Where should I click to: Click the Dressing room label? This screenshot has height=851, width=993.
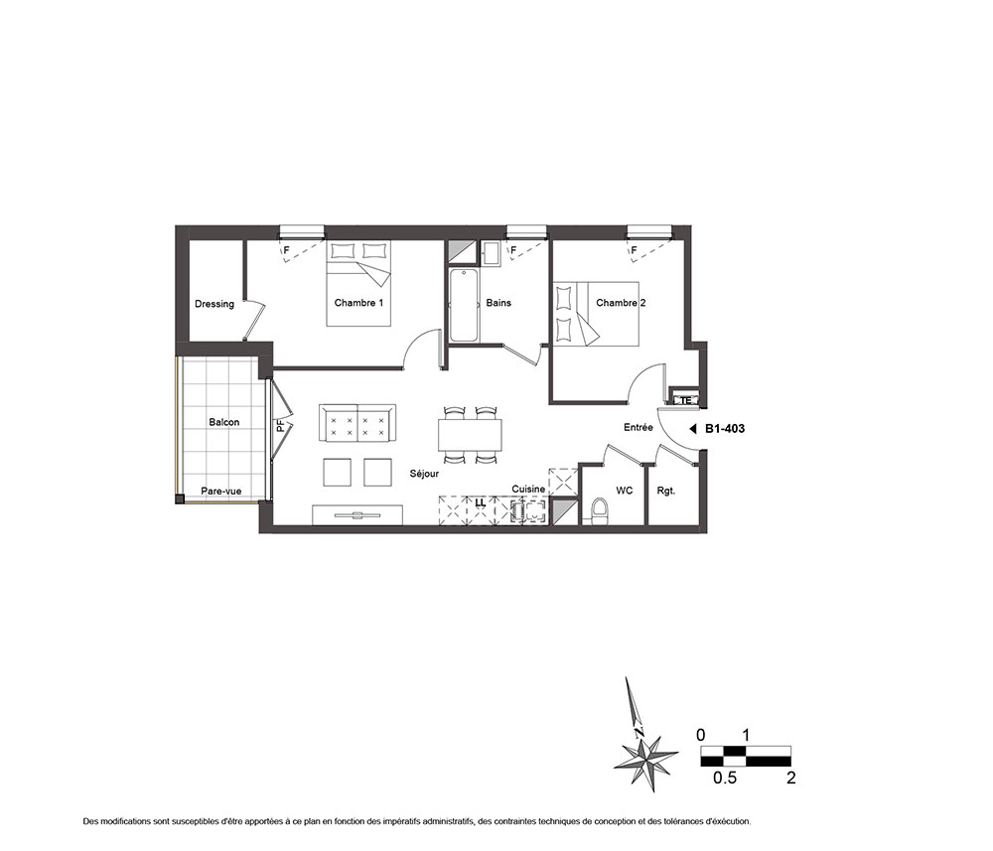point(214,304)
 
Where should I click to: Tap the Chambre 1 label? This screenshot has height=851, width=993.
point(358,303)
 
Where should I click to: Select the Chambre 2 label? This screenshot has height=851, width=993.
point(621,303)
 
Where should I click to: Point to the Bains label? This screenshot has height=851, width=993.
point(498,303)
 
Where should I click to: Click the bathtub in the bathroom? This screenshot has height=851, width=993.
point(464,305)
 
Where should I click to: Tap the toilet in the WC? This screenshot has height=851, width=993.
point(599,511)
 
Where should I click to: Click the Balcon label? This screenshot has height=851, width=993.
point(224,422)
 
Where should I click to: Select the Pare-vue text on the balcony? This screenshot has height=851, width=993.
point(221,491)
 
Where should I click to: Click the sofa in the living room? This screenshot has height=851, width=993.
point(357,424)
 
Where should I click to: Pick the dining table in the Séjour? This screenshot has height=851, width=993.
point(470,435)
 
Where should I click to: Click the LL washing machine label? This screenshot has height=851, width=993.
point(480,502)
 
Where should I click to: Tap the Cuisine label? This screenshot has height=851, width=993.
point(528,489)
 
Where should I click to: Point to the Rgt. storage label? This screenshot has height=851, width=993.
point(666,491)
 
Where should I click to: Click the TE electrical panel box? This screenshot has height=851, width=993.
point(685,400)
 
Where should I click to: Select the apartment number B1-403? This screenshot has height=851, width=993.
point(725,429)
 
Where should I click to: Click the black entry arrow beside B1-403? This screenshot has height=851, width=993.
point(693,429)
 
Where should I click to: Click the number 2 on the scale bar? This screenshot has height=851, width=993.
point(791,778)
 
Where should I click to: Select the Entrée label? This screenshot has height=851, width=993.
point(638,427)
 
